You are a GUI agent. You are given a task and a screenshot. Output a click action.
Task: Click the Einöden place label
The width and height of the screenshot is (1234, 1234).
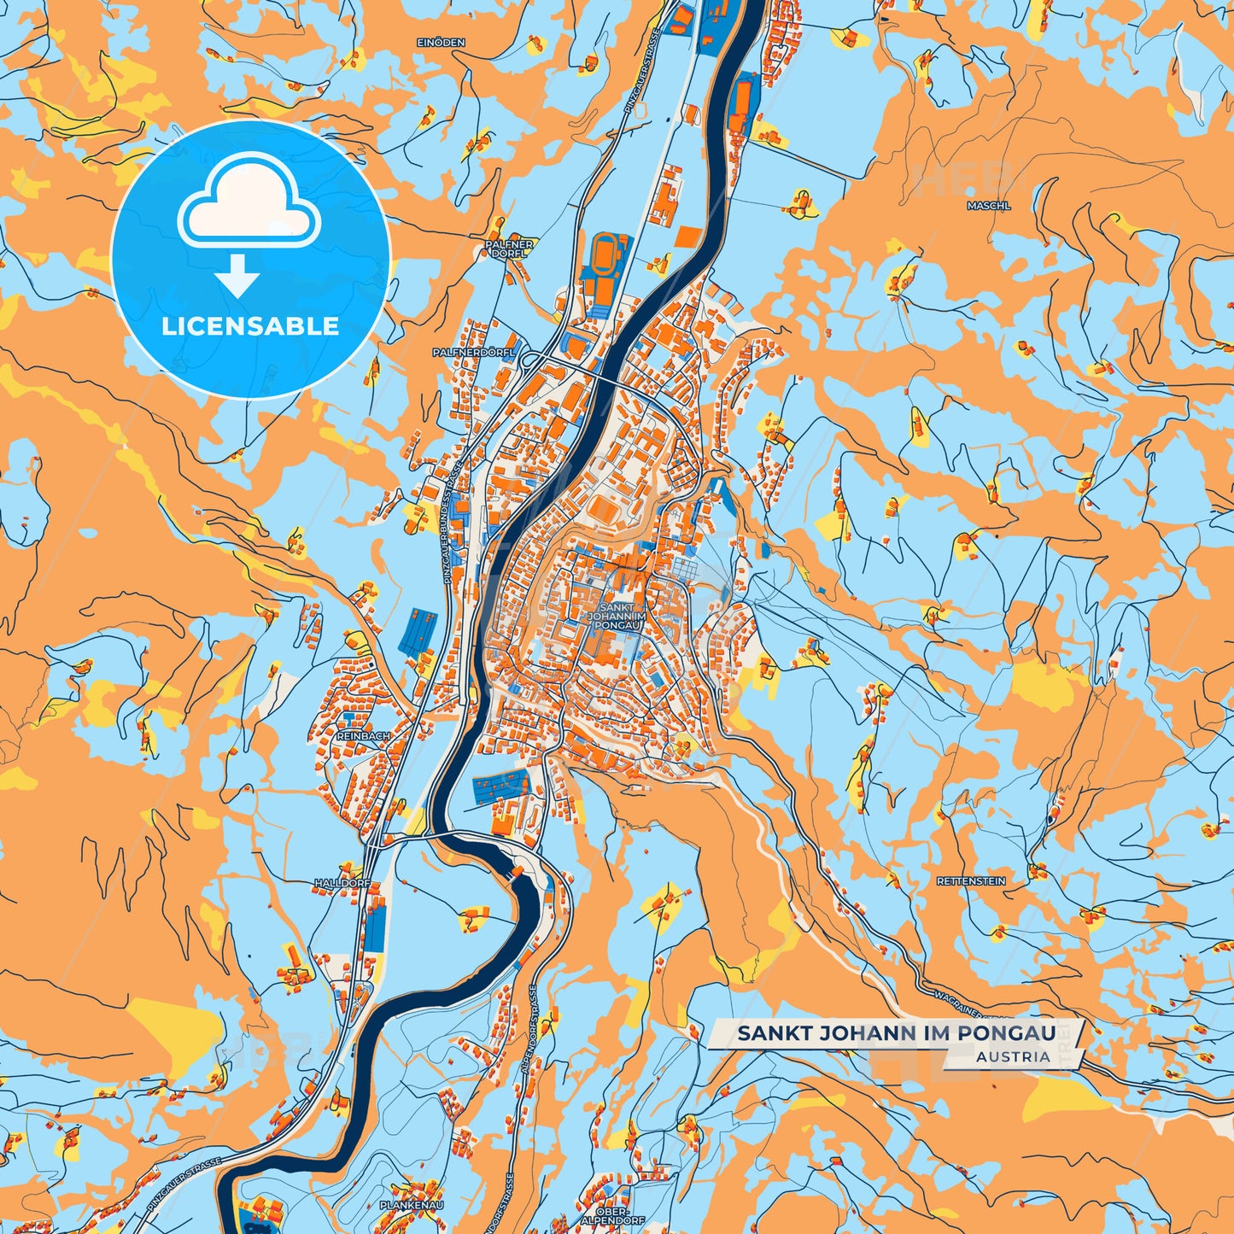tap(441, 42)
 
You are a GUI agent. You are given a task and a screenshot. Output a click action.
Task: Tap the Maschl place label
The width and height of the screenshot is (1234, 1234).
tap(989, 206)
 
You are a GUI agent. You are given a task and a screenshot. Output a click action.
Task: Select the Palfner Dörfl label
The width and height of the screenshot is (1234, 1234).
tap(509, 248)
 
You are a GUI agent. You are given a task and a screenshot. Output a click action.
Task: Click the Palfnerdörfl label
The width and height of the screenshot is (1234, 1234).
tap(474, 352)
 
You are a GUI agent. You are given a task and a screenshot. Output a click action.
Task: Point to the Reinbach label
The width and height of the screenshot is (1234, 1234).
tap(363, 735)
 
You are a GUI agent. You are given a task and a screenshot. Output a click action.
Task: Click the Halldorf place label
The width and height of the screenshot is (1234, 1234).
tap(342, 882)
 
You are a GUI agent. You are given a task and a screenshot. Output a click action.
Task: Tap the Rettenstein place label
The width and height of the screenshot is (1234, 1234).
tap(971, 880)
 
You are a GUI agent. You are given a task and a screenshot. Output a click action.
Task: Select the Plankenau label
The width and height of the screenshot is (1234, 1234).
tap(412, 1204)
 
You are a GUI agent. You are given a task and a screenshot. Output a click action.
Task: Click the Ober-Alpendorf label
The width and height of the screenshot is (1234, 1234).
tap(612, 1215)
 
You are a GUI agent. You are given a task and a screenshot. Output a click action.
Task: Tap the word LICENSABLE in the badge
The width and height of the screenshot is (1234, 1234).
tap(250, 326)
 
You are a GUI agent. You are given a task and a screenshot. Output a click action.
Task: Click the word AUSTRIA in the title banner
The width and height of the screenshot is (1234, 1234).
tap(1014, 1056)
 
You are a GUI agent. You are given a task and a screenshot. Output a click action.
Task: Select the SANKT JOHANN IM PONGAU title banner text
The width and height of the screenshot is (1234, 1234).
tap(896, 1033)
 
